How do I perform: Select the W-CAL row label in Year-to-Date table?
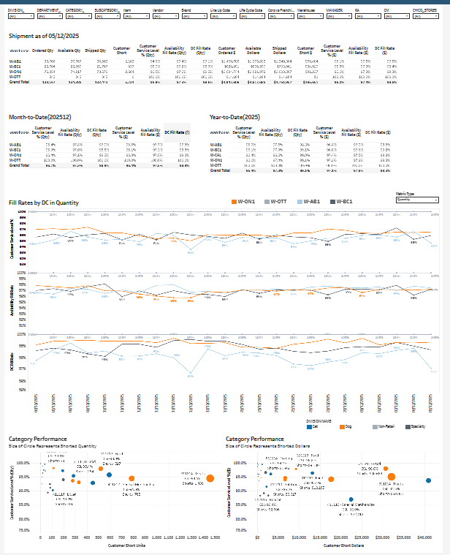[217, 154]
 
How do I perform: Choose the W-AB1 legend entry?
[313, 201]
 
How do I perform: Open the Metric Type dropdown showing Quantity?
[416, 199]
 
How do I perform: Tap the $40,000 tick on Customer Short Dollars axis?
[424, 536]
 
